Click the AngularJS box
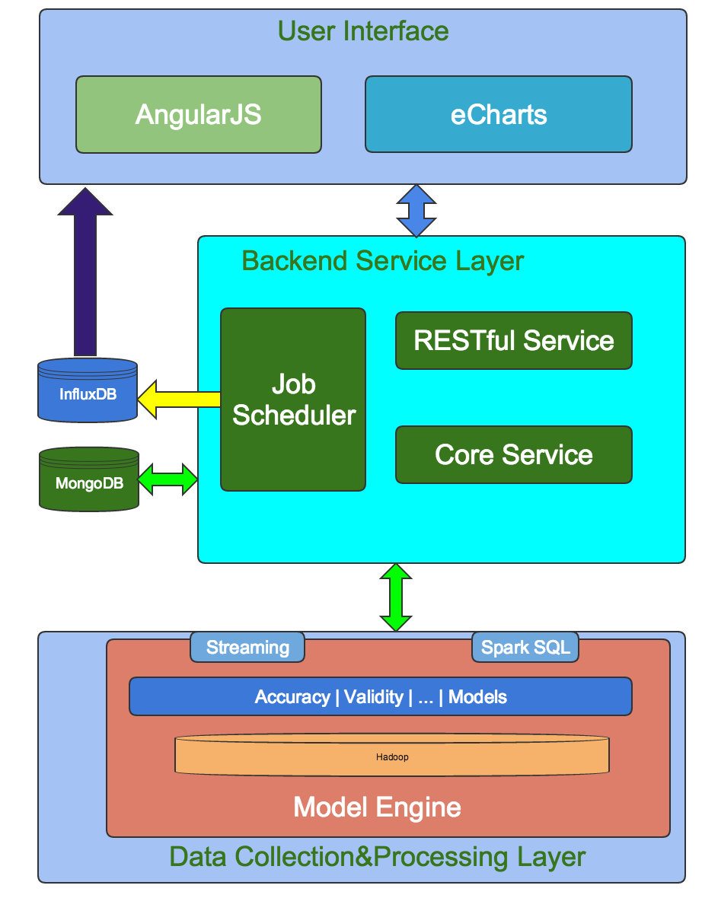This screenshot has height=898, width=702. pyautogui.click(x=198, y=114)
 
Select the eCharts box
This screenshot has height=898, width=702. pyautogui.click(x=499, y=114)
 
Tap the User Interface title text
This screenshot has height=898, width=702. pyautogui.click(x=363, y=31)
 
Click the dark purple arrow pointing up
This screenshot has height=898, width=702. pyautogui.click(x=85, y=274)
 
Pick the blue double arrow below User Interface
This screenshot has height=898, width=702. pyautogui.click(x=416, y=211)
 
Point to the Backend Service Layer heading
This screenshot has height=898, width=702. pyautogui.click(x=383, y=261)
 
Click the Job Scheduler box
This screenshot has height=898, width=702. pyautogui.click(x=293, y=400)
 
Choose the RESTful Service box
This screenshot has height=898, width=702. pyautogui.click(x=514, y=340)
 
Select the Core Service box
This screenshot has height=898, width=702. pyautogui.click(x=514, y=454)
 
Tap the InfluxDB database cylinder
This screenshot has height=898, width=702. pyautogui.click(x=88, y=393)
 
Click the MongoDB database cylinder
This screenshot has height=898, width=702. pyautogui.click(x=89, y=480)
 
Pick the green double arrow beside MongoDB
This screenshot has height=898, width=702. pyautogui.click(x=168, y=479)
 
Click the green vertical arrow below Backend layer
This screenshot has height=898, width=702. pyautogui.click(x=396, y=597)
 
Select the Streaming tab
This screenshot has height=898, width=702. pyautogui.click(x=247, y=648)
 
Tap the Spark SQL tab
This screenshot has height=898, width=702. pyautogui.click(x=525, y=648)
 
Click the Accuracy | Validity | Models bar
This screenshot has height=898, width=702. pyautogui.click(x=381, y=696)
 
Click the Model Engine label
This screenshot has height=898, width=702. pyautogui.click(x=378, y=807)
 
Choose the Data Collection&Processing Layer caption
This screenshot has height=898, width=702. pyautogui.click(x=378, y=856)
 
